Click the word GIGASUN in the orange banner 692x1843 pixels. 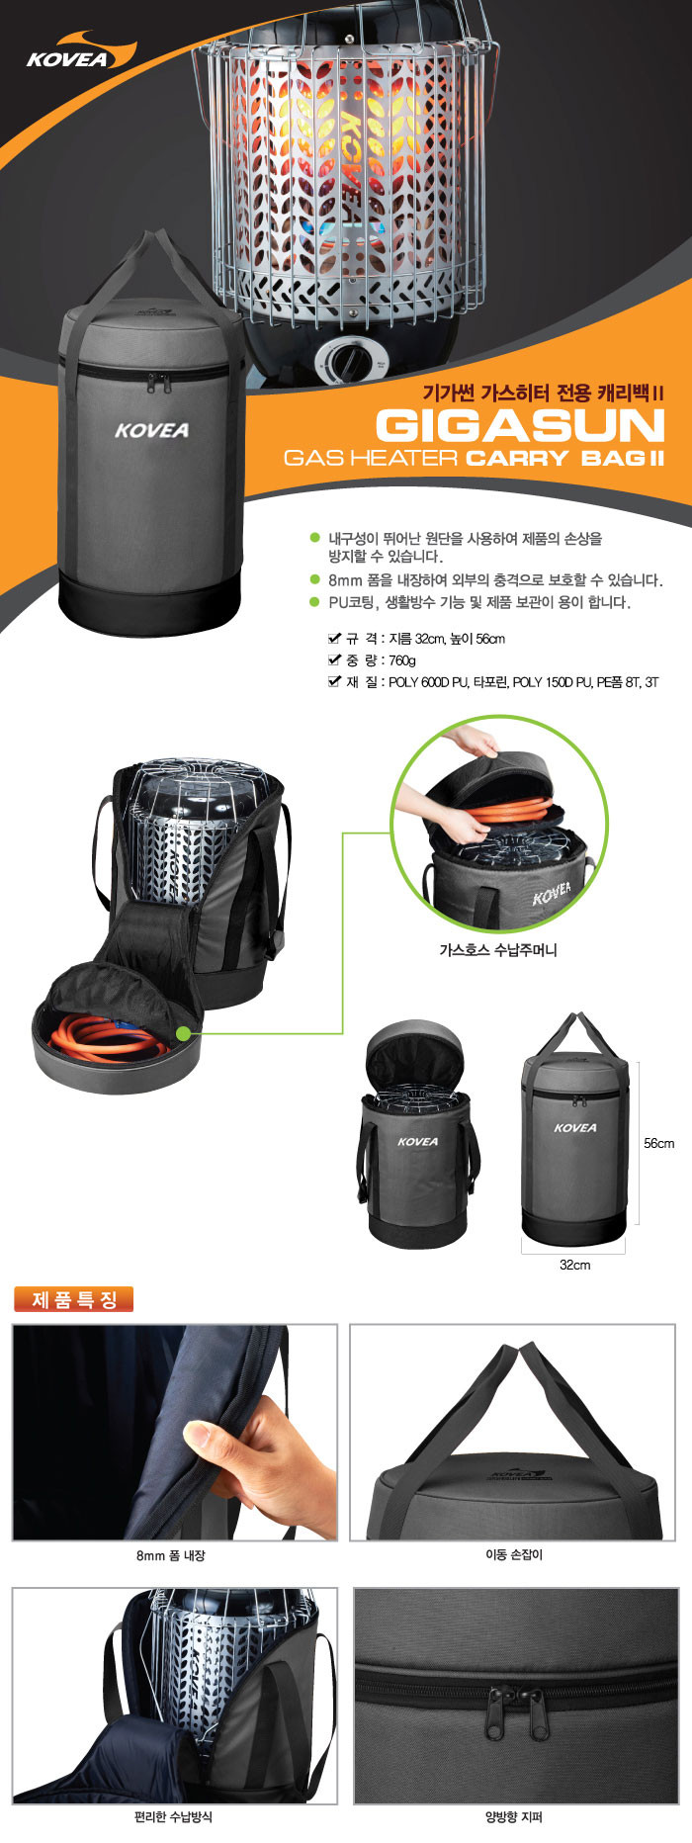tap(520, 426)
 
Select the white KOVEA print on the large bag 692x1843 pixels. tap(151, 430)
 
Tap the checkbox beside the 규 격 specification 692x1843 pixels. tap(334, 638)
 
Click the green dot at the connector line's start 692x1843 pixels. tap(183, 1033)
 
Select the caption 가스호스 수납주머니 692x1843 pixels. tap(498, 950)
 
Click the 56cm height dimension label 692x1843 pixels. tap(659, 1143)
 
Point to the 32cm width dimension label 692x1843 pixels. tap(574, 1265)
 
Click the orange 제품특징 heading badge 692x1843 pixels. tap(74, 1300)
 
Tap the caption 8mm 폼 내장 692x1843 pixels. tap(170, 1555)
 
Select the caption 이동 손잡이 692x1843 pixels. tap(513, 1555)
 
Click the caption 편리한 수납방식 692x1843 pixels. tap(173, 1816)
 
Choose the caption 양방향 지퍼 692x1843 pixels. tap(513, 1816)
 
